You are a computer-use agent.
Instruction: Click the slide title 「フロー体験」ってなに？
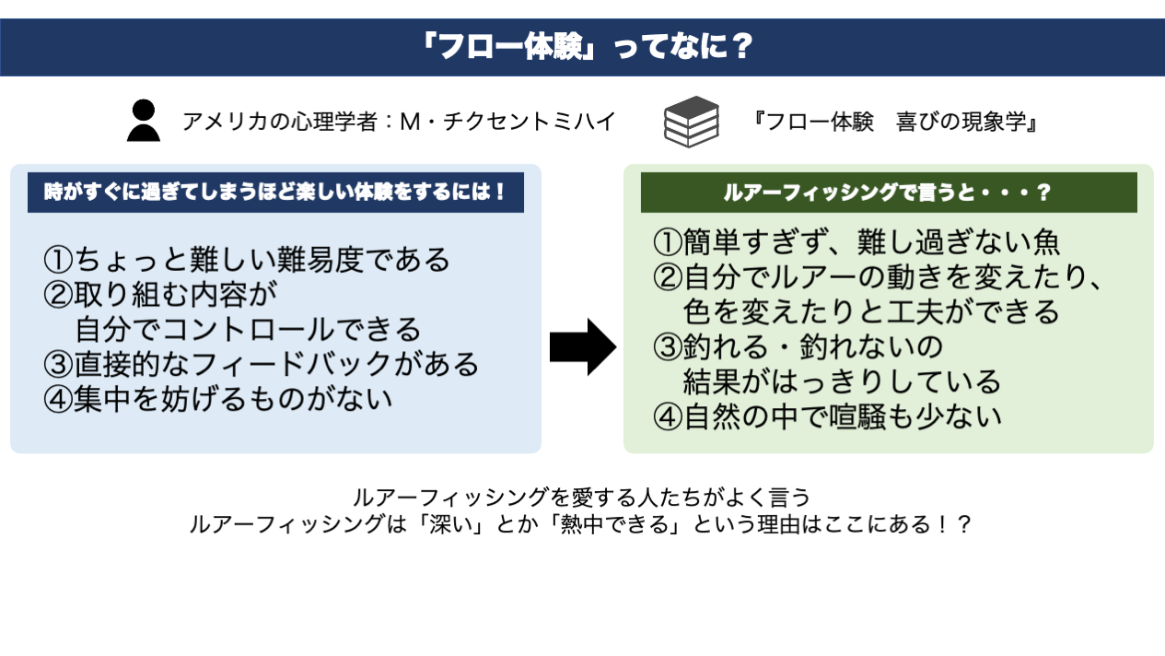[x=582, y=47]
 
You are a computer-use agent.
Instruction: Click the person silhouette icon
[x=143, y=120]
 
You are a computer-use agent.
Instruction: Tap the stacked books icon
[x=691, y=121]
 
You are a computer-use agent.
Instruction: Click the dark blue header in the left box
[x=275, y=193]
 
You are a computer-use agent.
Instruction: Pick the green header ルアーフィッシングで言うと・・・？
[x=888, y=193]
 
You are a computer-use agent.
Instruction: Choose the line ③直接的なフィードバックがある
[x=262, y=364]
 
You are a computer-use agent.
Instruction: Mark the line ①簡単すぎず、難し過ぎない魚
[x=856, y=242]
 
